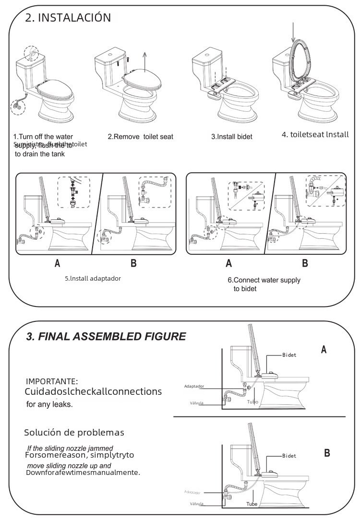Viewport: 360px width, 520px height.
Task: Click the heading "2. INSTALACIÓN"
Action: (x=68, y=18)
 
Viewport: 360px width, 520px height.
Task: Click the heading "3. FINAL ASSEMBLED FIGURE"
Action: (x=106, y=336)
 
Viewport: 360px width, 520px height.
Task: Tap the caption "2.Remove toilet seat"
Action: (x=140, y=137)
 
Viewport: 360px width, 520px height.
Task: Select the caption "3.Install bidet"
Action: (x=232, y=137)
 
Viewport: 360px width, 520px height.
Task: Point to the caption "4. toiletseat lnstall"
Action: (x=315, y=134)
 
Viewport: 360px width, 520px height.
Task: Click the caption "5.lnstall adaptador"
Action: (x=93, y=278)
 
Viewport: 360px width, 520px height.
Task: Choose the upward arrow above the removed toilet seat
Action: (x=144, y=61)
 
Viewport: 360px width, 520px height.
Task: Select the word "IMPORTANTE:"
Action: (x=52, y=381)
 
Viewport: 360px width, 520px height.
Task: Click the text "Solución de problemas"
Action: (x=74, y=433)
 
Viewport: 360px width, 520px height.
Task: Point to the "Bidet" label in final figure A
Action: (x=289, y=355)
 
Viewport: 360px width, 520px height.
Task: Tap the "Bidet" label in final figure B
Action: (x=289, y=456)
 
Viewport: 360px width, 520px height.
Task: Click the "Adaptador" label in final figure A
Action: (x=194, y=386)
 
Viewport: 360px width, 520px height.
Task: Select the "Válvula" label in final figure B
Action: (x=197, y=504)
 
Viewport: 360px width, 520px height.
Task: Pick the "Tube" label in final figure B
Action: (x=252, y=504)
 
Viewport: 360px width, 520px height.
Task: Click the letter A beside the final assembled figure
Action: (x=324, y=350)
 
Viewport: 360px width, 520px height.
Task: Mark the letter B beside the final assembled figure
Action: (x=327, y=453)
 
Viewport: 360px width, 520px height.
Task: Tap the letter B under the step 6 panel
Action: (x=305, y=263)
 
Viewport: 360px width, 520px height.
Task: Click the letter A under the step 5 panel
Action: (x=58, y=263)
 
